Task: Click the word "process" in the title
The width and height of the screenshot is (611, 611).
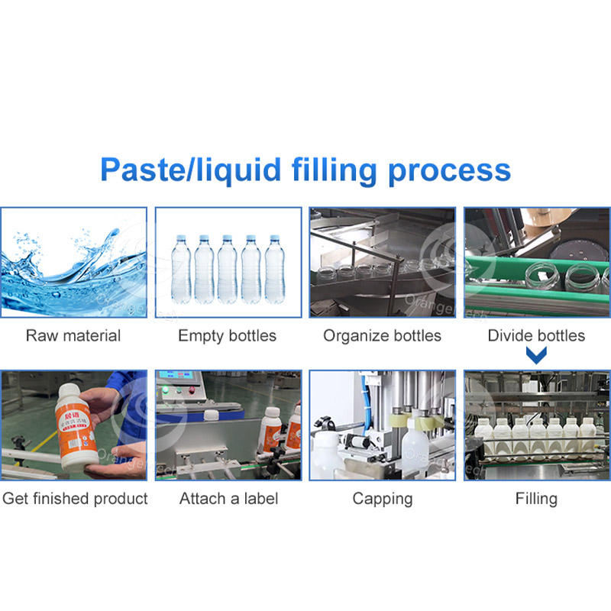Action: coord(449,170)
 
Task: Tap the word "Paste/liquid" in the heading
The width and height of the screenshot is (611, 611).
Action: coord(192,170)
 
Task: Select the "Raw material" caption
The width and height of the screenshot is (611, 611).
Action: coord(73,335)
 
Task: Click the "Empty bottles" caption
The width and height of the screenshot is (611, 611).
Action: coord(228,335)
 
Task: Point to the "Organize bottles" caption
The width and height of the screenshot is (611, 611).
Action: coord(382,335)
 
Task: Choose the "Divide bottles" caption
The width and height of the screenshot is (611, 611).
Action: coord(536,335)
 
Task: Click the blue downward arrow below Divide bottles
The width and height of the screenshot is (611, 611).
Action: coord(537,355)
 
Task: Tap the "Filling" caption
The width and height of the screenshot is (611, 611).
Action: coord(536,499)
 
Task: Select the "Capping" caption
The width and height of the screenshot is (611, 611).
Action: coord(382,499)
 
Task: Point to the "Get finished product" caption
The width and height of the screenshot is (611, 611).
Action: coord(75,499)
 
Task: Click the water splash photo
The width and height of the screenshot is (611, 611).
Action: coord(73,262)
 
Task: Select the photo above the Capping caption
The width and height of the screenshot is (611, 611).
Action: coord(382,425)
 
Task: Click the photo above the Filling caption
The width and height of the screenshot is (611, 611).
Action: coord(536,425)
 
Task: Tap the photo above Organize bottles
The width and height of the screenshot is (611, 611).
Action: coord(382,262)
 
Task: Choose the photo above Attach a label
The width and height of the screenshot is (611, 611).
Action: coord(228,425)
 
